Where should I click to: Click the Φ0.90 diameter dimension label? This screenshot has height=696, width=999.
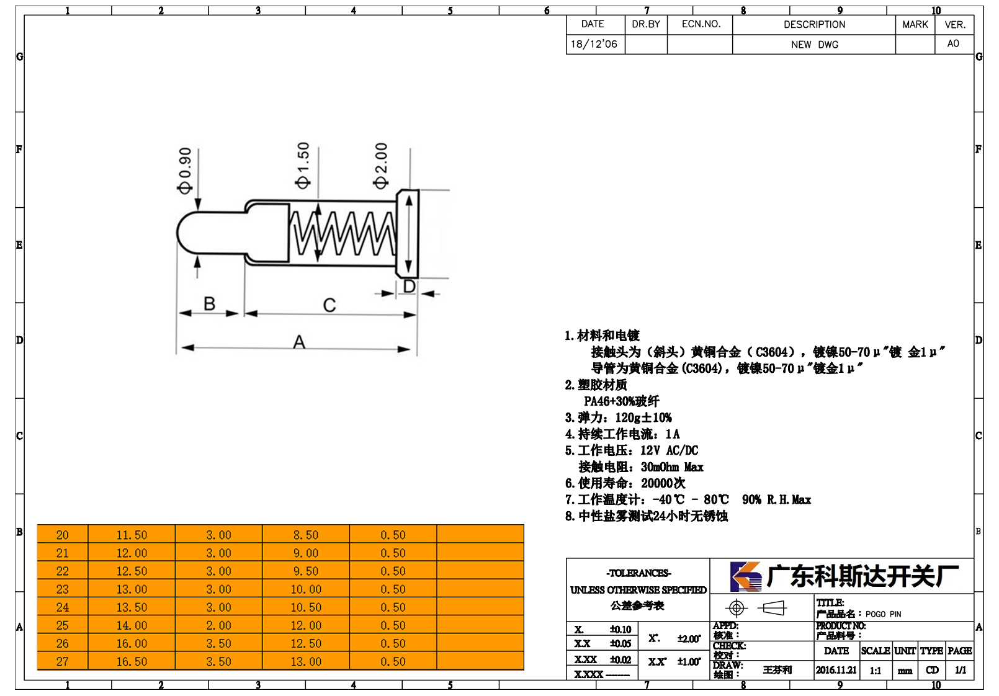(x=184, y=171)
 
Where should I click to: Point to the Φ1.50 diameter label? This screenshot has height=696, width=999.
(x=302, y=166)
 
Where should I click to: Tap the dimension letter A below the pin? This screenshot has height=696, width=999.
(x=299, y=342)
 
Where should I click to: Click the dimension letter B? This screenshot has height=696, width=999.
(x=209, y=303)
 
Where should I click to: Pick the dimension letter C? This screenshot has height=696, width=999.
(x=329, y=305)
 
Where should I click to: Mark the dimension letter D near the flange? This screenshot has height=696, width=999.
(x=409, y=286)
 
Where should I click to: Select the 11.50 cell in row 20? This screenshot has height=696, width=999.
(x=132, y=535)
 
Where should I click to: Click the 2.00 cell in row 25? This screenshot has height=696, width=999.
(x=218, y=625)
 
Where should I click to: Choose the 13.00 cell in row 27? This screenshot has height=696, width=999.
(x=306, y=662)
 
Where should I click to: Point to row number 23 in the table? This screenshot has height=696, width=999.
(x=63, y=589)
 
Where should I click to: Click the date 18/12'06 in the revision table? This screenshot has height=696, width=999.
(x=594, y=44)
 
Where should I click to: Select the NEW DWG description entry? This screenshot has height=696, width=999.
(x=814, y=45)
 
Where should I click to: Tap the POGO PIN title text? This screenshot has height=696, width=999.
(x=883, y=614)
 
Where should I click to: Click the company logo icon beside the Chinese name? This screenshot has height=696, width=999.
(x=746, y=576)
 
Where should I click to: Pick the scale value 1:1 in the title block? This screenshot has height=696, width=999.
(x=876, y=671)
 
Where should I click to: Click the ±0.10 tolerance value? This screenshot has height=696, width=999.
(x=620, y=629)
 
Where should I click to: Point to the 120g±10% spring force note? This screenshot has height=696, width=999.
(x=643, y=417)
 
